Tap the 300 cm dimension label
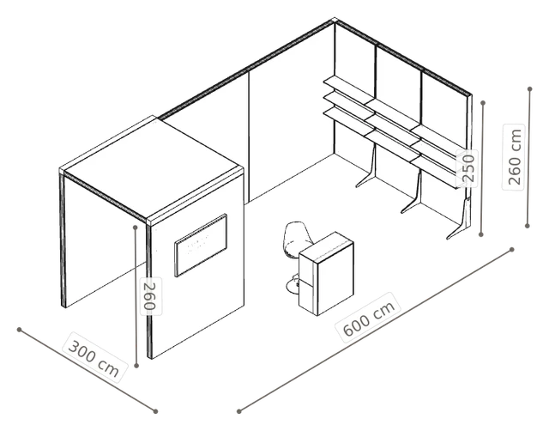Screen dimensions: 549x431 (x=94, y=356)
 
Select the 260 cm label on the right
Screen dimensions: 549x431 (x=514, y=156)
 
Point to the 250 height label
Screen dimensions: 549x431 (x=468, y=168)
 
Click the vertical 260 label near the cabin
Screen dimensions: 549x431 (x=151, y=296)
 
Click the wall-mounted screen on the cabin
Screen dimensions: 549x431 (x=201, y=246)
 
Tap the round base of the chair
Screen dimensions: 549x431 (x=293, y=285)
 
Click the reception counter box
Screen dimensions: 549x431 (x=326, y=273)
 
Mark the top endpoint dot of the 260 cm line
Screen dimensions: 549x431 (x=530, y=89)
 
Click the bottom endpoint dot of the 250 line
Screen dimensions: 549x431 (x=481, y=234)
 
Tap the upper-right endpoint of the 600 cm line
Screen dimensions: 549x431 (x=512, y=250)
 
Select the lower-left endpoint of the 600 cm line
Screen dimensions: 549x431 (x=238, y=411)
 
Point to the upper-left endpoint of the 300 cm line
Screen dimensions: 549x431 (x=19, y=330)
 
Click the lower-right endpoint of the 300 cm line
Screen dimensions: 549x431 (x=155, y=411)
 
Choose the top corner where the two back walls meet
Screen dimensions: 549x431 (x=335, y=21)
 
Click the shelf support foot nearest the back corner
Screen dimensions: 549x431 (x=367, y=168)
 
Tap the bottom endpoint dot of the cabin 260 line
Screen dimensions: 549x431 (x=136, y=366)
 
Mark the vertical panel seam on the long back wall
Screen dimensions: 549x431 (x=249, y=137)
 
